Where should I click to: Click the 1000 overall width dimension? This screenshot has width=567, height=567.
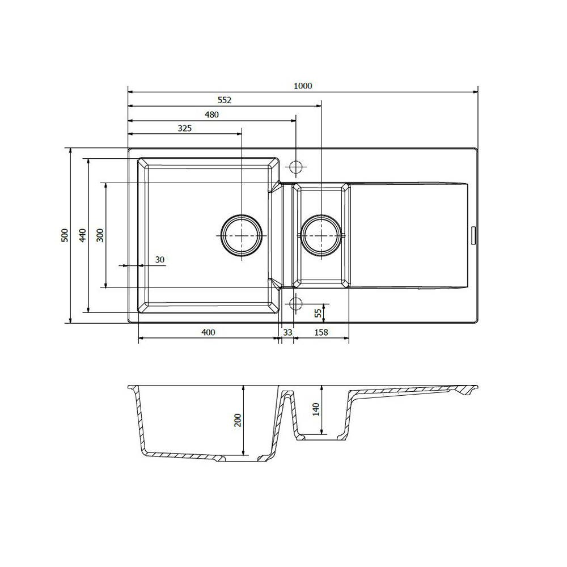[303, 86]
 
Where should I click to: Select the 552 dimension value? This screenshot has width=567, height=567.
[224, 100]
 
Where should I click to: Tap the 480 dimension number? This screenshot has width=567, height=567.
[211, 115]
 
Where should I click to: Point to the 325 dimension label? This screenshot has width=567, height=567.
[184, 128]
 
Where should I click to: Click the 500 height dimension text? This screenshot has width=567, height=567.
[65, 235]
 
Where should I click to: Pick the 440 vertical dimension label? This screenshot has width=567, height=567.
[83, 235]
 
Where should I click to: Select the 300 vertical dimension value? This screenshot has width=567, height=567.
[100, 235]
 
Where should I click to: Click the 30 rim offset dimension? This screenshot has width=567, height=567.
[160, 260]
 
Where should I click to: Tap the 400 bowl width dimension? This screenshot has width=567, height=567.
[208, 332]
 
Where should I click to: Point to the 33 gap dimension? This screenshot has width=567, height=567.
[287, 332]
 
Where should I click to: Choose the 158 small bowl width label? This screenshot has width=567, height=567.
[321, 332]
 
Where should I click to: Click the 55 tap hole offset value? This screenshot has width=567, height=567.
[318, 313]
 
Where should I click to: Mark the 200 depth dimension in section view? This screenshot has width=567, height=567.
[238, 420]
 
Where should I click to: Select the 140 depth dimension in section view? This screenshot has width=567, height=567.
[316, 409]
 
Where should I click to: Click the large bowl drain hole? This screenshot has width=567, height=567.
[242, 235]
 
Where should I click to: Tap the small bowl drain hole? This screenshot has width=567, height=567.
[321, 235]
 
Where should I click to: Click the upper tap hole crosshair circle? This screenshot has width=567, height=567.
[296, 167]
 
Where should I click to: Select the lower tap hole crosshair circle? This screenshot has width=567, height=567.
[296, 304]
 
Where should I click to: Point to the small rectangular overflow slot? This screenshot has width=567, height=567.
[473, 236]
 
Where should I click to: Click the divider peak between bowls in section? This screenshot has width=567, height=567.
[287, 392]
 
